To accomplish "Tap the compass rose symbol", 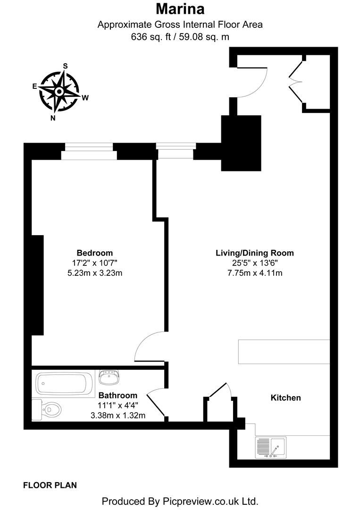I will click(59, 92).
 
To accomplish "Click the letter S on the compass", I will click(66, 66).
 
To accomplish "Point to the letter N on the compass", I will click(53, 118).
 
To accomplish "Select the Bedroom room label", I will click(95, 253).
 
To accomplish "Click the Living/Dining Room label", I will click(254, 253).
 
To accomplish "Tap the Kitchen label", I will click(285, 398).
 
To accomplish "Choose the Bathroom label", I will click(118, 395).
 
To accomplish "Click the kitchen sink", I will click(271, 447).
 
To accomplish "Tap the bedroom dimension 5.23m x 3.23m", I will click(95, 272).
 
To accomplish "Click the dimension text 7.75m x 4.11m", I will click(254, 272).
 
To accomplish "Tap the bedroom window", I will click(88, 152).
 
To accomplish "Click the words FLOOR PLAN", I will click(50, 484).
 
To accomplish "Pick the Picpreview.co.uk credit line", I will click(180, 501).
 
